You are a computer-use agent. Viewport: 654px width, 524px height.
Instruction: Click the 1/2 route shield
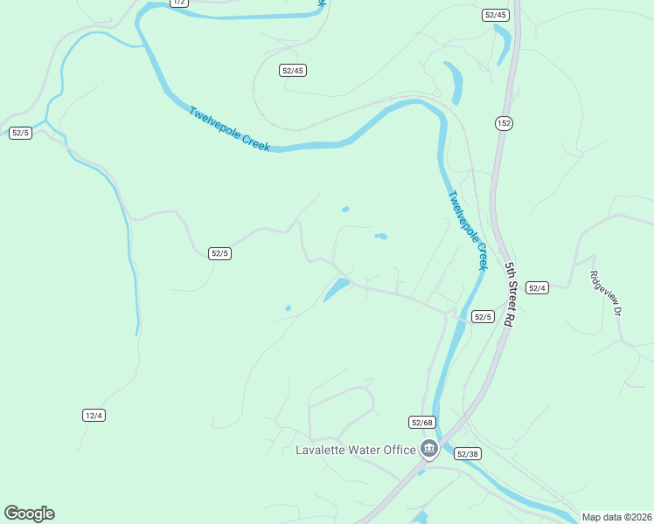click(180, 3)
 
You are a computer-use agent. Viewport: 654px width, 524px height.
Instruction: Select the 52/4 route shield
click(538, 288)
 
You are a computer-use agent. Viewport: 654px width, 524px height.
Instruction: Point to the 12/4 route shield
click(94, 415)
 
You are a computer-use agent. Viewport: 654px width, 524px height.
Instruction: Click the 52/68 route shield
click(421, 422)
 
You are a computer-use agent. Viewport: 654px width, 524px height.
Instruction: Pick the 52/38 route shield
click(468, 453)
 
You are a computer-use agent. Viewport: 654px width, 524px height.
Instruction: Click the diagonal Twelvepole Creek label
click(229, 129)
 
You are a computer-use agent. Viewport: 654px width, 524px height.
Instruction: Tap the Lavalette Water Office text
click(354, 450)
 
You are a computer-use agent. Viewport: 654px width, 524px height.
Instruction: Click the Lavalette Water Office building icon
click(428, 450)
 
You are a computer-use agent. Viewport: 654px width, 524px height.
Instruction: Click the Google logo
click(29, 514)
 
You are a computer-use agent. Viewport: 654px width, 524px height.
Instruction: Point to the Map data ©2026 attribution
click(616, 517)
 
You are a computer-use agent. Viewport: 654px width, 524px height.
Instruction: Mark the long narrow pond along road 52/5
click(337, 289)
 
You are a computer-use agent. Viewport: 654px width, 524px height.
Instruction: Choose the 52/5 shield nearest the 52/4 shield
click(483, 316)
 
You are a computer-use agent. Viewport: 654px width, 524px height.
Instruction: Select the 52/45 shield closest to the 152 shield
click(495, 15)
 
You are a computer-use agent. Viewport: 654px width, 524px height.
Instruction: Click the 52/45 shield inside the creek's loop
click(293, 70)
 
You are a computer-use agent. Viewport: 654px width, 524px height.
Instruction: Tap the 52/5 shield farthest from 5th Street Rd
click(20, 133)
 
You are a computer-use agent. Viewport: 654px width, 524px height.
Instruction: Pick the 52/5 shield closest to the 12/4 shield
click(219, 253)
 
